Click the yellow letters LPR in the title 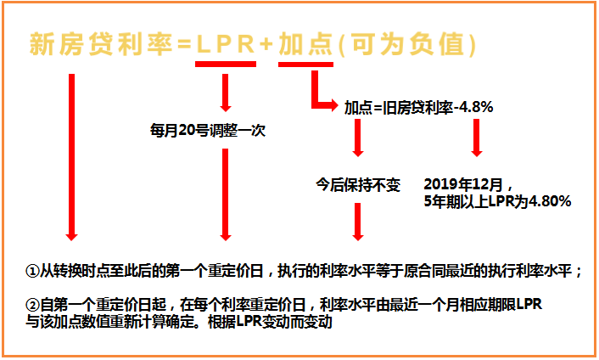pos(226,44)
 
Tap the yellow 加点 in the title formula pos(305,44)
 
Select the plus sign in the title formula pos(266,44)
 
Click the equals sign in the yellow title pos(184,44)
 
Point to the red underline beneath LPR pos(226,65)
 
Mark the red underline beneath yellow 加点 pos(305,65)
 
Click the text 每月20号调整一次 pos(207,131)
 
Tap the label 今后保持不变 pos(358,185)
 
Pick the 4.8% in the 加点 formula pos(476,107)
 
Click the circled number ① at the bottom pos(32,271)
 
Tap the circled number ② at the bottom pos(32,305)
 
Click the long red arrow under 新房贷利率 pos(71,157)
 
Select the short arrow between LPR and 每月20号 pos(226,93)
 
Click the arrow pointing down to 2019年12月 pos(476,138)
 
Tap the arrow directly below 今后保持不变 pos(358,222)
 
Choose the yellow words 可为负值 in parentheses pos(407,44)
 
